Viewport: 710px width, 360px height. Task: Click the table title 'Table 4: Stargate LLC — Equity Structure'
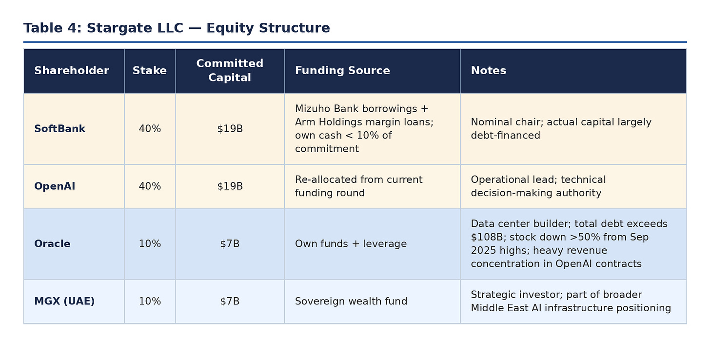click(177, 28)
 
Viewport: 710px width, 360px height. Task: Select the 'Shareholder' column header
click(72, 71)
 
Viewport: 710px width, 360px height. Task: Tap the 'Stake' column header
click(150, 71)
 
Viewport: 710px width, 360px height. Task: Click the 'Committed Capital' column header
click(230, 71)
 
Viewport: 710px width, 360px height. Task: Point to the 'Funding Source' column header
click(342, 71)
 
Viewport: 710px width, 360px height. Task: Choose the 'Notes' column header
click(488, 71)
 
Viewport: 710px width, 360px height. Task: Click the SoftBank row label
click(59, 129)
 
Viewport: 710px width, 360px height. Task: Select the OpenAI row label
click(55, 186)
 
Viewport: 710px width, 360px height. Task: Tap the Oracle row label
click(52, 244)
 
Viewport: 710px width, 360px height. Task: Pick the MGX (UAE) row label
click(64, 301)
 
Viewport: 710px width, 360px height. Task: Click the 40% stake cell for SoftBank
click(150, 129)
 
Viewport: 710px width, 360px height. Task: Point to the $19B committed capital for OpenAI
click(230, 186)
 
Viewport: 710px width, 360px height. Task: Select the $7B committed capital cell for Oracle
click(230, 244)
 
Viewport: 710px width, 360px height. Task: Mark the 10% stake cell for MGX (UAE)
click(150, 301)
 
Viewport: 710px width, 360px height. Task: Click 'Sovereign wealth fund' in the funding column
click(351, 301)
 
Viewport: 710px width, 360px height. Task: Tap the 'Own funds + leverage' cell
click(351, 244)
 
